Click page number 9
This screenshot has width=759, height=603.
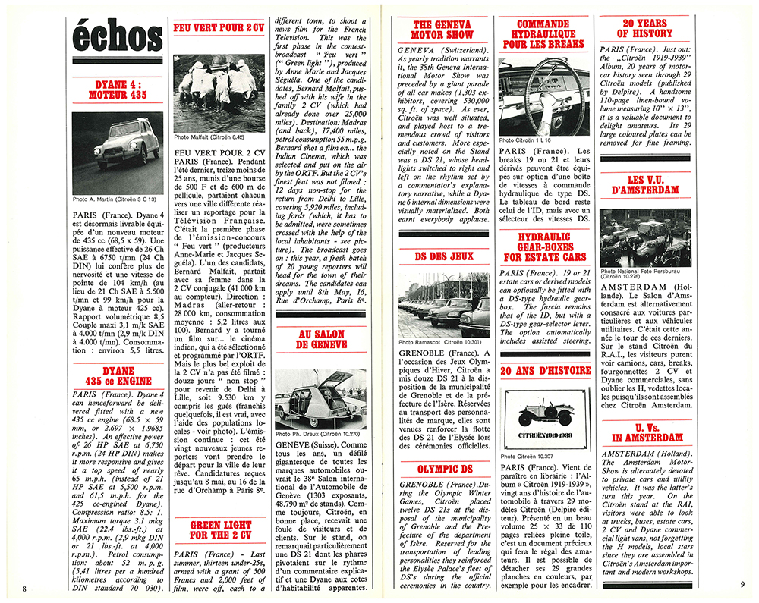(x=741, y=585)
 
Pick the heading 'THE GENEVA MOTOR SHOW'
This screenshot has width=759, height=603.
(x=442, y=29)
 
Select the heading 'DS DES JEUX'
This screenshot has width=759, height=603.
(x=441, y=256)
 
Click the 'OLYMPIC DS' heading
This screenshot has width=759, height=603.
(x=441, y=468)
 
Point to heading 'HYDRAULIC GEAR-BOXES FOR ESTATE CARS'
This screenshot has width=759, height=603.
(x=543, y=247)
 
